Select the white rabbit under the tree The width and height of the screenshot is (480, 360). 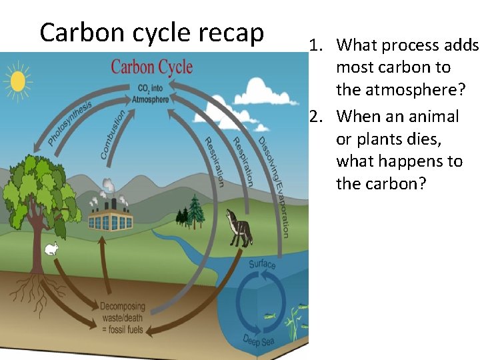coord(51,249)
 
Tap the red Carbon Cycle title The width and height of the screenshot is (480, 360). coord(151,67)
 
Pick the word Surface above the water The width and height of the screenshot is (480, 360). coord(262,264)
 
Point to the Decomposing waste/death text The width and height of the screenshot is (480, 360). coord(127,313)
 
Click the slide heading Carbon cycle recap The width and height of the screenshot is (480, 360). coord(151,33)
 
